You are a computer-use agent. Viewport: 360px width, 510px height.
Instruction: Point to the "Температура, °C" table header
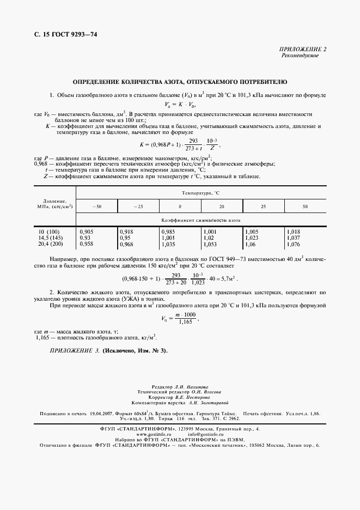[x=201, y=193]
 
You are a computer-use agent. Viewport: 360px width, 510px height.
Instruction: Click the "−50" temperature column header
[x=96, y=207]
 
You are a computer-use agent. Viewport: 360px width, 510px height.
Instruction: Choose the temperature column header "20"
[x=222, y=207]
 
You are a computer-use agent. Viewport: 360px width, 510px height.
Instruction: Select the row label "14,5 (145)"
[x=48, y=238]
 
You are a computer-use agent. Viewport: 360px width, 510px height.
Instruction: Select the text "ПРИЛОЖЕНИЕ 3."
[x=73, y=350]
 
